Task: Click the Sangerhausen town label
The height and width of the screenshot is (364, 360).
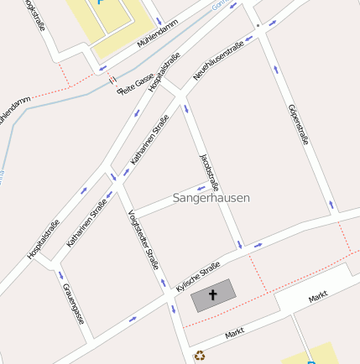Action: pos(211,199)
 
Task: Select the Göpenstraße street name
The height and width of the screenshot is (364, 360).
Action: pos(299,123)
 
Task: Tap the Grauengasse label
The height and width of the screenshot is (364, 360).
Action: pos(74,302)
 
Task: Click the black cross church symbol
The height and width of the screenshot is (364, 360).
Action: pos(212,295)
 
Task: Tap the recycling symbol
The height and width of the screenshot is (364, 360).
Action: pos(199,356)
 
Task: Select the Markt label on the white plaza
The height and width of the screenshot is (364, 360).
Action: pos(317,297)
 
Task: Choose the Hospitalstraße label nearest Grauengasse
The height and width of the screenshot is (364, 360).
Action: pos(43,238)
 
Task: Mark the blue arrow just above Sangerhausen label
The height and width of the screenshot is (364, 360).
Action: pos(201,187)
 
